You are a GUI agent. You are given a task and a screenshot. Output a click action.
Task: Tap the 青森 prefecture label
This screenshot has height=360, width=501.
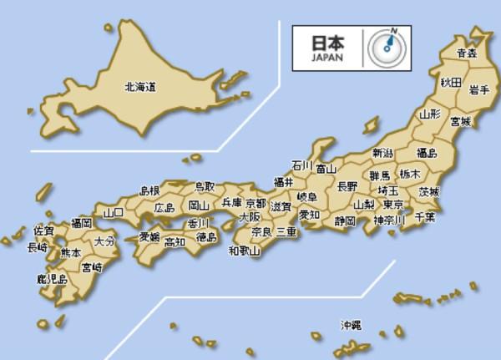click(x=467, y=53)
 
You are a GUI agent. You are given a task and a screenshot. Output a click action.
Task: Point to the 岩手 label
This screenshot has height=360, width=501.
click(x=478, y=90)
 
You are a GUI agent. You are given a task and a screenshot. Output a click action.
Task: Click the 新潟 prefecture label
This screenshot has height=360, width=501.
click(x=383, y=153)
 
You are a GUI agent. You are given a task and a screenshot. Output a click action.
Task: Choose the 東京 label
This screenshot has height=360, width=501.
click(x=393, y=205)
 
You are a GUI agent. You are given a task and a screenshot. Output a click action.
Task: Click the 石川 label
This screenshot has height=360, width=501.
click(x=301, y=165)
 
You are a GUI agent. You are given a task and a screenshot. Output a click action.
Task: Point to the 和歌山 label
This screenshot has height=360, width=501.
click(x=244, y=249)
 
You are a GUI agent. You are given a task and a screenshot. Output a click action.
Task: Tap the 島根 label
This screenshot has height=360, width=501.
click(x=149, y=191)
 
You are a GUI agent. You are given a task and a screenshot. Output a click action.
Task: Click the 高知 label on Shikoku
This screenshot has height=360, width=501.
click(x=175, y=242)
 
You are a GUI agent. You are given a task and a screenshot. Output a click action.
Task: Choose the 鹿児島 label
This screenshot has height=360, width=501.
click(x=52, y=279)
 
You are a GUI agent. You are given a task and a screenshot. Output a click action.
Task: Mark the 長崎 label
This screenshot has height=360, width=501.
click(x=38, y=247)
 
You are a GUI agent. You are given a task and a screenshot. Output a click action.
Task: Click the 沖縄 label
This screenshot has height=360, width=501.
click(x=352, y=324)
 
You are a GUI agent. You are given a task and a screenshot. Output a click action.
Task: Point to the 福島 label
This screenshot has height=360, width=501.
click(x=427, y=153)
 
